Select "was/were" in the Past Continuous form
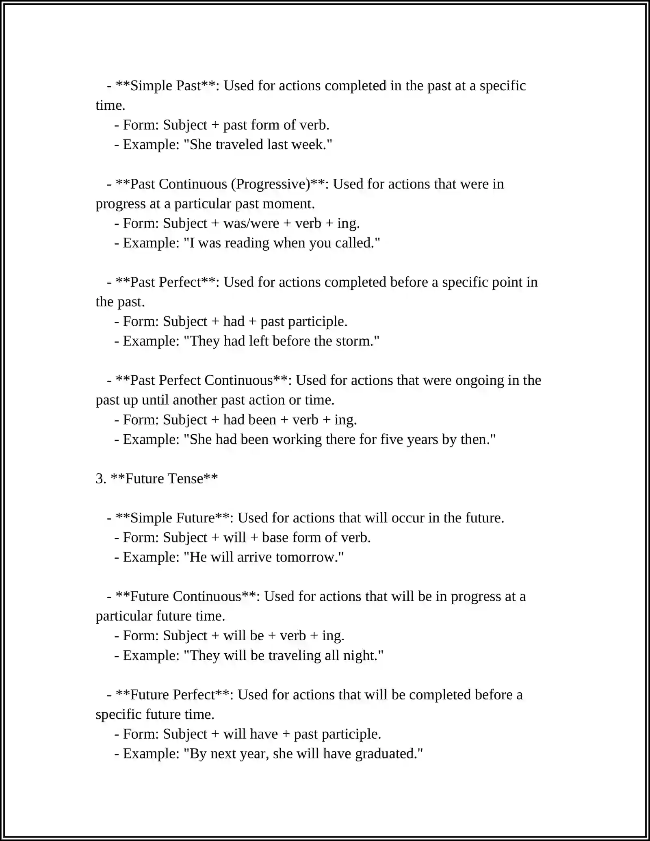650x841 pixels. tap(251, 223)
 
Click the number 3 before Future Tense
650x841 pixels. tap(99, 479)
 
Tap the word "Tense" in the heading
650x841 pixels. tap(185, 479)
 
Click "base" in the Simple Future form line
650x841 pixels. tap(274, 538)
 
